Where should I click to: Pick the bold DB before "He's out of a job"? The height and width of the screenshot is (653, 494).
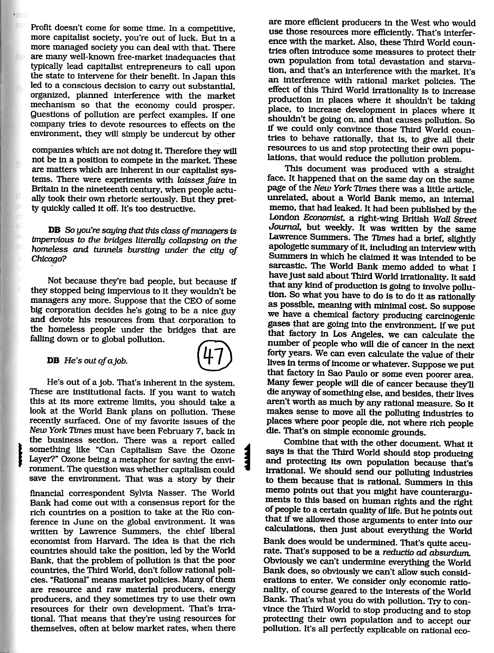coord(54,361)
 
